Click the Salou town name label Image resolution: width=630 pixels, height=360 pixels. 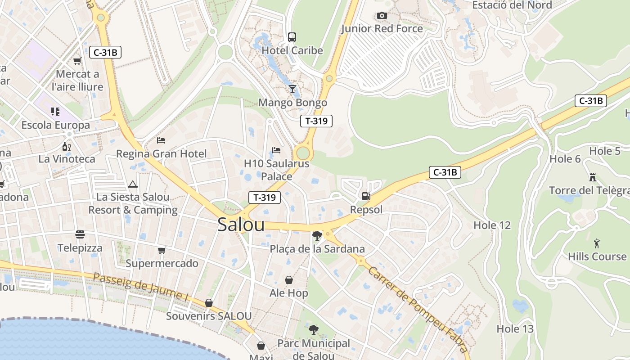tap(241, 225)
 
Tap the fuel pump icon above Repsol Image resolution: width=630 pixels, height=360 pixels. tap(366, 196)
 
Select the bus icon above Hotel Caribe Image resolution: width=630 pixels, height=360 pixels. tap(292, 37)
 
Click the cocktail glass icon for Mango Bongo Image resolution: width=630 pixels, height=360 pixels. tap(292, 89)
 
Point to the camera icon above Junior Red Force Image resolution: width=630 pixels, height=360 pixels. tap(382, 16)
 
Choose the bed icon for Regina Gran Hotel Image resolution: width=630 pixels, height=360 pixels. tap(161, 140)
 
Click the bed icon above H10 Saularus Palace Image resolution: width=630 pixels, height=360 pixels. tap(276, 150)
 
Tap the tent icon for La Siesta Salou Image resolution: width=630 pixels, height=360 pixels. tap(132, 184)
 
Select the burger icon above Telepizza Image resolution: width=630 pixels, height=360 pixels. tap(80, 234)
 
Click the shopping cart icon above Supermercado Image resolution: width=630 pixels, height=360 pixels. tap(162, 250)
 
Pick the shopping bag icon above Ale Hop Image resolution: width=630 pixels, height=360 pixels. tap(288, 280)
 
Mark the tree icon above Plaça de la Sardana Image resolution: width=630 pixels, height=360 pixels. tap(317, 235)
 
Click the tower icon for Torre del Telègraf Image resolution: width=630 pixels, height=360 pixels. tap(593, 177)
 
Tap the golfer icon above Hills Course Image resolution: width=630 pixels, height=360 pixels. tap(597, 243)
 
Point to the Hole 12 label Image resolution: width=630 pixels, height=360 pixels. tap(492, 225)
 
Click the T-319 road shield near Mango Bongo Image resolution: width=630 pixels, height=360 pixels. tap(316, 121)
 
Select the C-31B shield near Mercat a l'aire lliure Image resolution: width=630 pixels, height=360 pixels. tap(105, 52)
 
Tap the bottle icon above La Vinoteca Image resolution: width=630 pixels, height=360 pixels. tap(67, 146)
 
